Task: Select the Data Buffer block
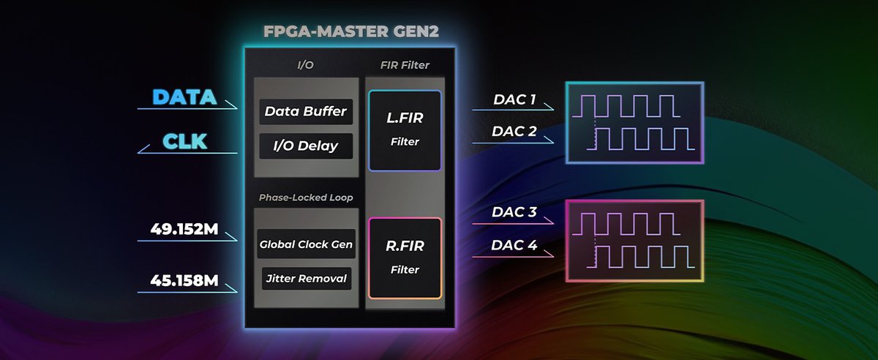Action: (x=306, y=112)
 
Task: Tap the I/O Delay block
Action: (x=306, y=146)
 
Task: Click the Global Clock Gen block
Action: (x=306, y=244)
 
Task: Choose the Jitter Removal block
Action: (x=306, y=278)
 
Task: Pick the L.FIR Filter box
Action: (x=405, y=130)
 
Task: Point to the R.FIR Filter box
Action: (x=405, y=258)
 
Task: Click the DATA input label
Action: (x=184, y=97)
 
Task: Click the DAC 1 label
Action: (x=514, y=100)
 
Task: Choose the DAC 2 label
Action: (x=514, y=132)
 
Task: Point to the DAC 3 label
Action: (x=514, y=213)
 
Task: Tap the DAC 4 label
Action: (x=514, y=245)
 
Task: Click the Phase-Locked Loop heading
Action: (x=306, y=198)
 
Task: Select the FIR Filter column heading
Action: (x=405, y=65)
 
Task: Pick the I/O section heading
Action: (x=305, y=65)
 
